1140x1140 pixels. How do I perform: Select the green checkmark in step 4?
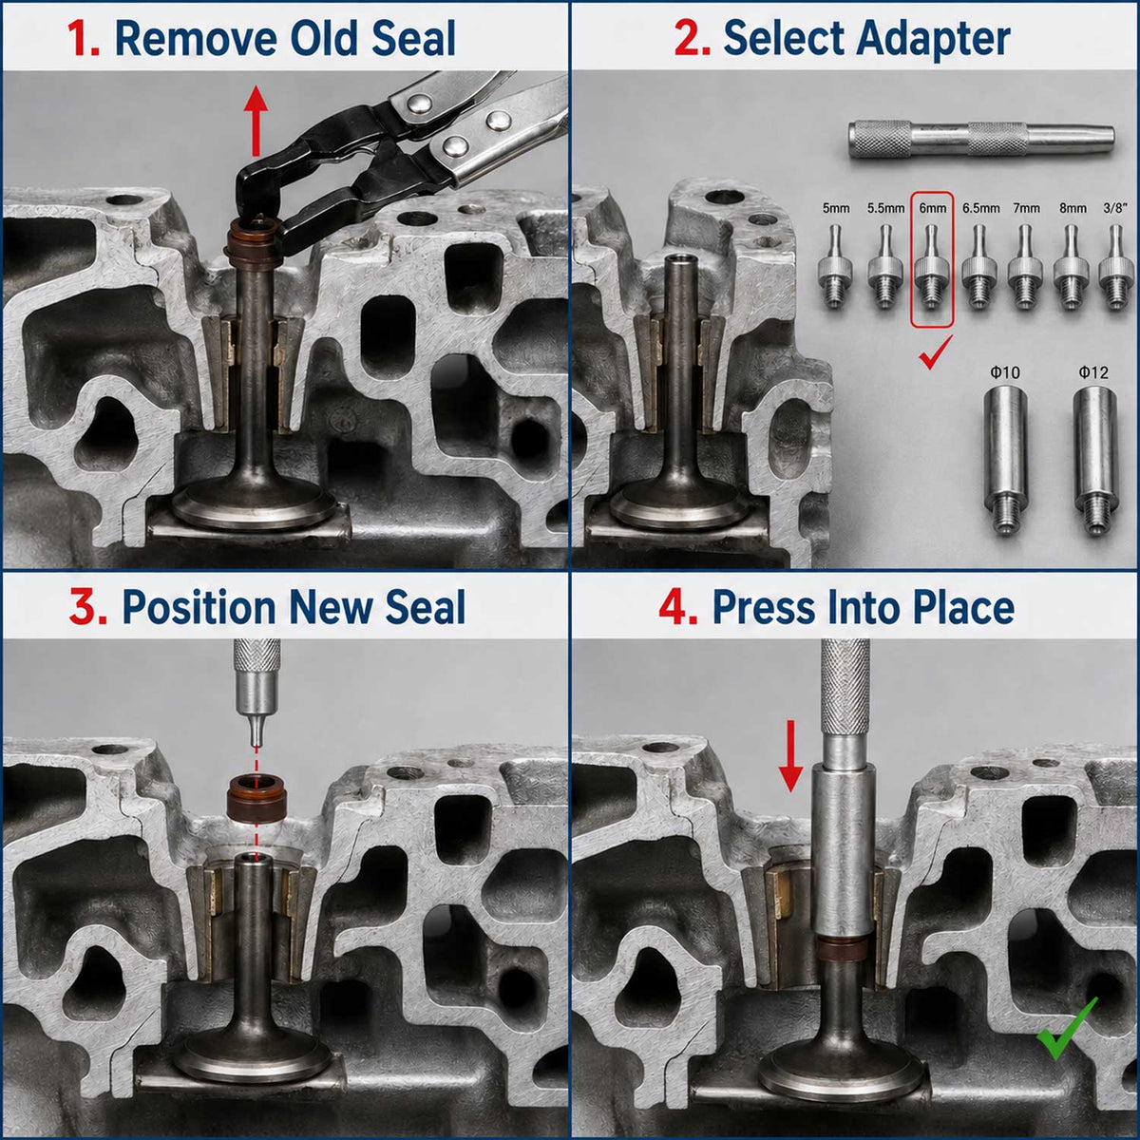point(1066,1030)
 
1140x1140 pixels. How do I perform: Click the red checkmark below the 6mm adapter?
point(935,352)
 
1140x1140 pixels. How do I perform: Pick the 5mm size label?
point(835,208)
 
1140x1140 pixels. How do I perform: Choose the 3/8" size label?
point(1114,208)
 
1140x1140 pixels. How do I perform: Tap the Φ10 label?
point(1004,372)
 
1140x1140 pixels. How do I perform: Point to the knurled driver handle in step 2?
point(981,140)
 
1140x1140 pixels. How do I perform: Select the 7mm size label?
point(1025,208)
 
